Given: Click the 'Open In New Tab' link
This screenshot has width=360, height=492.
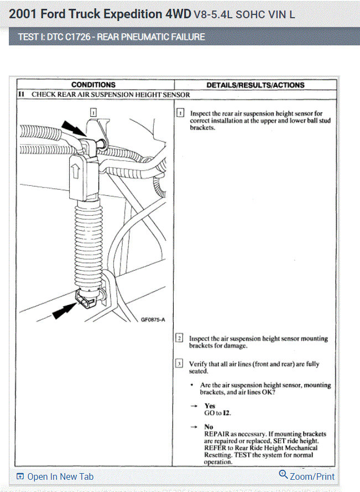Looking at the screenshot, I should [x=59, y=477].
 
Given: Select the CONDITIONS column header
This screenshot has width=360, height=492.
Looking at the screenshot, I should [x=93, y=85].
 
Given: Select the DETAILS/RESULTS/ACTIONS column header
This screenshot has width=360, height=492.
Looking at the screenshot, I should [x=255, y=85].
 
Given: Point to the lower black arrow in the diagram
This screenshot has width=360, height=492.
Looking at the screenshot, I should [x=65, y=312].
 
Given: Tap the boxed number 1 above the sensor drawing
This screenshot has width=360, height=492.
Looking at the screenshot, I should [x=93, y=112].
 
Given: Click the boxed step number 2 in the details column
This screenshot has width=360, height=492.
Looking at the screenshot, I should [x=180, y=338].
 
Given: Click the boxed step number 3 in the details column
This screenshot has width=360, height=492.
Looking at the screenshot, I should [x=180, y=364].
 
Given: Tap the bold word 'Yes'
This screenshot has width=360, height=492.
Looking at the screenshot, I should [x=210, y=406].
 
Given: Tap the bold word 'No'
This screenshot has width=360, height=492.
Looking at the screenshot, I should [x=208, y=427].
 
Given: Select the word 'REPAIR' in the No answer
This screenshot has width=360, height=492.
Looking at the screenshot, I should [x=218, y=434].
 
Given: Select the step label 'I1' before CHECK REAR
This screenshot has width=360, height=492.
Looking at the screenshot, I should [x=21, y=95].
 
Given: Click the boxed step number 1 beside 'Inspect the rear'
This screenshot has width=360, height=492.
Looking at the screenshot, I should [x=180, y=113].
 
